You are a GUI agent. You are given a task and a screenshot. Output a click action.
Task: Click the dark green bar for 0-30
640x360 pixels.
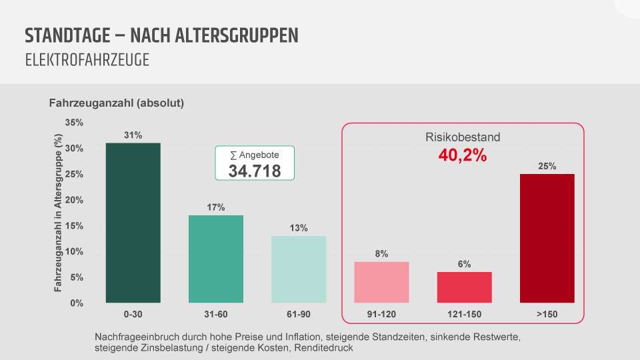click(133, 223)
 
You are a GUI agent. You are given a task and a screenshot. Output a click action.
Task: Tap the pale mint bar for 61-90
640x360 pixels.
click(299, 269)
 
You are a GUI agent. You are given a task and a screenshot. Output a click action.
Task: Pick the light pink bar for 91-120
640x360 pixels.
click(381, 282)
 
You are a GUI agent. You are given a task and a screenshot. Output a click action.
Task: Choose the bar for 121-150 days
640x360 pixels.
click(464, 287)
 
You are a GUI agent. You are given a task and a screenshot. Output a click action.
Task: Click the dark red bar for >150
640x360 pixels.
click(547, 238)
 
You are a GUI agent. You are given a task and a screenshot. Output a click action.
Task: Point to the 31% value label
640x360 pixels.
click(133, 135)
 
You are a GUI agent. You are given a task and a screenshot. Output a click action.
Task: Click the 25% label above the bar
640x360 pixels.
click(547, 166)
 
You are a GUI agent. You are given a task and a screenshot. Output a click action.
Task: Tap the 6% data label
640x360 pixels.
click(465, 264)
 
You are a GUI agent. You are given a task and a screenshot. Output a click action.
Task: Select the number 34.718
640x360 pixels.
click(254, 171)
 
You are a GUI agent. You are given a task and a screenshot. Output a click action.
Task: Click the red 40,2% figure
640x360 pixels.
click(463, 155)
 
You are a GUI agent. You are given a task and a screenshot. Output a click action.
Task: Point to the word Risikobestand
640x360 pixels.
click(463, 137)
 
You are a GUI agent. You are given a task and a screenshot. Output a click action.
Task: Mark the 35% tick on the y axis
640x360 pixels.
click(74, 123)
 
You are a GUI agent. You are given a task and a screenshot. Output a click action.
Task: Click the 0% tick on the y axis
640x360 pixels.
click(77, 303)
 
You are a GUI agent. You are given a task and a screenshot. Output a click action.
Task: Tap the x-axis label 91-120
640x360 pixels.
click(381, 313)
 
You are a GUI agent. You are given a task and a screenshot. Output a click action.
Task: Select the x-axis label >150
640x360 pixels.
click(547, 313)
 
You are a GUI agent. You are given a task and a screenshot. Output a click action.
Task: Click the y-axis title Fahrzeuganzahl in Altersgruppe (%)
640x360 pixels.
click(59, 213)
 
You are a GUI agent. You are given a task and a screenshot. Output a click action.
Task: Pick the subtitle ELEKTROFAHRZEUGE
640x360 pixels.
click(87, 60)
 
